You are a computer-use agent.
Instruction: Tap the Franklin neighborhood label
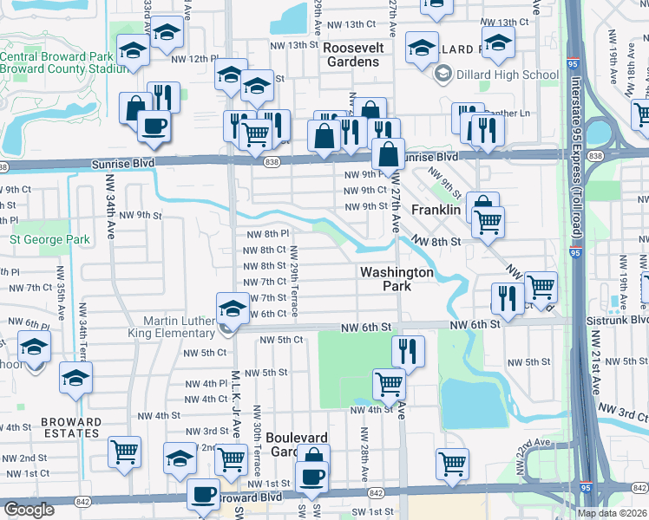(436, 210)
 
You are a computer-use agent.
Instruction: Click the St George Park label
(49, 239)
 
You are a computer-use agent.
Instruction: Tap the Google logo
(29, 510)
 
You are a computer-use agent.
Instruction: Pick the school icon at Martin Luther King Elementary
(231, 309)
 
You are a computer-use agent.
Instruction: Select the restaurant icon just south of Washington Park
(407, 351)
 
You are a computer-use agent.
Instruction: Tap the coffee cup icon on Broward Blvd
(204, 495)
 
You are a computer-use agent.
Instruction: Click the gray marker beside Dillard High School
(443, 75)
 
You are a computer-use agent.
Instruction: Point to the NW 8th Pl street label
(267, 234)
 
